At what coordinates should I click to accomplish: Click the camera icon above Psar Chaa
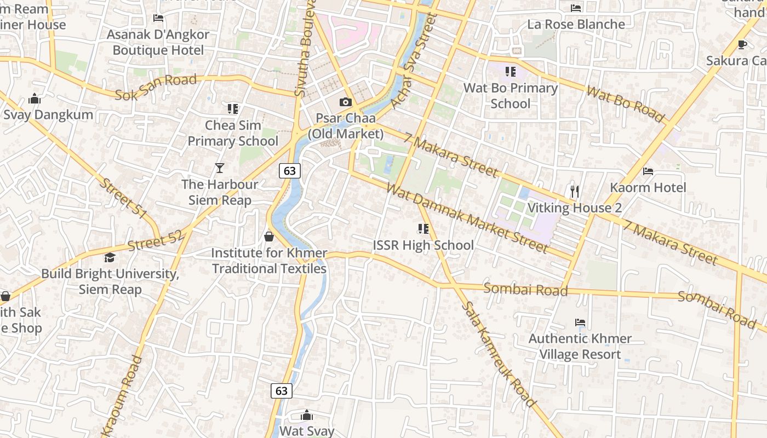(345, 102)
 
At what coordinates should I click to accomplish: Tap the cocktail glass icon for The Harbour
(220, 168)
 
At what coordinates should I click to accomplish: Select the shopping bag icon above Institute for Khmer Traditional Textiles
(269, 237)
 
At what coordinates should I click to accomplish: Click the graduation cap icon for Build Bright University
(110, 257)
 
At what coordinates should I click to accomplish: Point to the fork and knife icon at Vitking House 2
(574, 191)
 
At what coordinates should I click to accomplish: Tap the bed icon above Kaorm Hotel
(648, 171)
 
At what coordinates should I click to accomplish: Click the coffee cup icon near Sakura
(742, 44)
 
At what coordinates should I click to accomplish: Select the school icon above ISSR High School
(423, 228)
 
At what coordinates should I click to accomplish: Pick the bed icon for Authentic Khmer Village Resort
(580, 322)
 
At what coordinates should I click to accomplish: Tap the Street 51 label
(124, 198)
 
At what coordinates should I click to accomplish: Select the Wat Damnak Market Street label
(467, 218)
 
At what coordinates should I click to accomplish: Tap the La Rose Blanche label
(576, 25)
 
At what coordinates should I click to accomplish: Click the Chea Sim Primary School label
(233, 133)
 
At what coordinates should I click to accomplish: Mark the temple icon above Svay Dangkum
(35, 99)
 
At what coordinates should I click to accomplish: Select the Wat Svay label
(307, 431)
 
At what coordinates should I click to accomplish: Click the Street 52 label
(156, 240)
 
